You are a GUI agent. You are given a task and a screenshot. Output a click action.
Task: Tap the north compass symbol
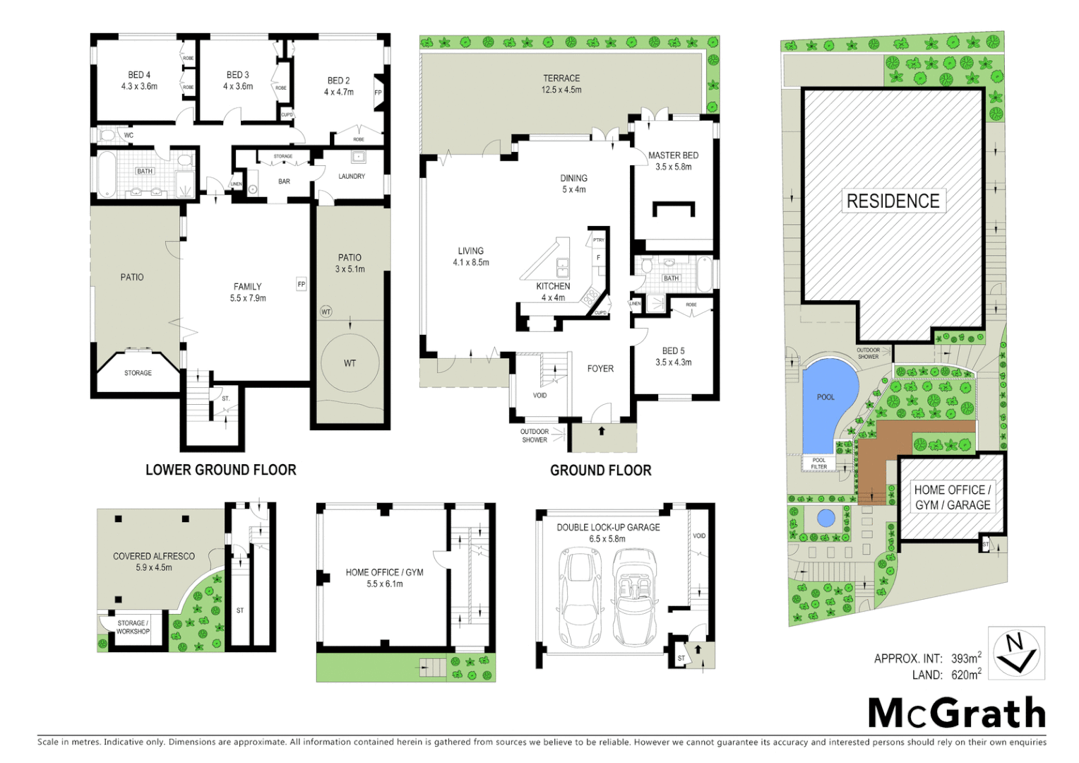1015,653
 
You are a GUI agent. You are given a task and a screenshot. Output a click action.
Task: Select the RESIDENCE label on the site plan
893,201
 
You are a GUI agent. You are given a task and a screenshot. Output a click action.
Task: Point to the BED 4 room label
139,81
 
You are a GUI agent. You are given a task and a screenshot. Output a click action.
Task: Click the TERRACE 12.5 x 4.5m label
561,84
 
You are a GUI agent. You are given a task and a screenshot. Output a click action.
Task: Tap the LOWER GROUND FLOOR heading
220,470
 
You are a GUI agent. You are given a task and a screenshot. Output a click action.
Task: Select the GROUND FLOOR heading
600,471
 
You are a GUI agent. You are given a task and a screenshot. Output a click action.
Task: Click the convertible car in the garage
635,597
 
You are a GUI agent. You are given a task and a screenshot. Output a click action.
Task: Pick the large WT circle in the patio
350,363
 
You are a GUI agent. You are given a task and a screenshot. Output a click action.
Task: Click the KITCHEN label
553,291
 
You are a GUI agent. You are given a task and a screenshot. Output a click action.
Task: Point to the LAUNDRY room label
351,177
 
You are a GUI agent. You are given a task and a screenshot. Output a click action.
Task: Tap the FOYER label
600,369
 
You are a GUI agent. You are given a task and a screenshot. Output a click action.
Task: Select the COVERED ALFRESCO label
153,562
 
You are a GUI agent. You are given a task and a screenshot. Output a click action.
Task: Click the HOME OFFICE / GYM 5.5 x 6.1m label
384,578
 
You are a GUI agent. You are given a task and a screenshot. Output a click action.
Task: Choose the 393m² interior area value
966,658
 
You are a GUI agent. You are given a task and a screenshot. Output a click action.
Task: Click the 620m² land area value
966,675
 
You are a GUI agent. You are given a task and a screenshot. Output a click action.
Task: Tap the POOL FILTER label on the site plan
818,463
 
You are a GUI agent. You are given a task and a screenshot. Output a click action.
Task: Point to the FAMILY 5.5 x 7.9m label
248,292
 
